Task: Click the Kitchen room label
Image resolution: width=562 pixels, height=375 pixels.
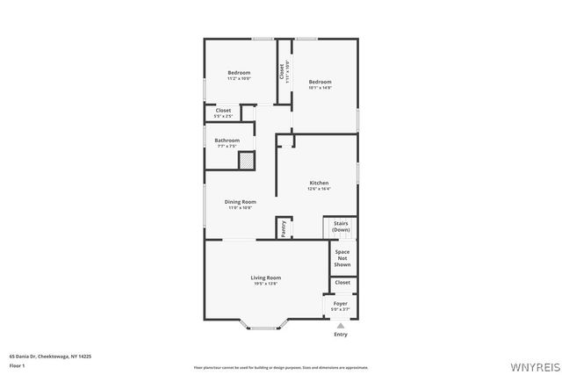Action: coord(318,184)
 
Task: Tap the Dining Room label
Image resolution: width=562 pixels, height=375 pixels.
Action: coord(240,203)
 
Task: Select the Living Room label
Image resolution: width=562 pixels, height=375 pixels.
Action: coord(265,278)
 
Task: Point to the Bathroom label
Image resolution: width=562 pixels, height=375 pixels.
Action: coord(227,141)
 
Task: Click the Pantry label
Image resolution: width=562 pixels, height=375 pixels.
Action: coord(284,228)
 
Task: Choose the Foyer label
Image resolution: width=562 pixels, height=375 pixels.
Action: coord(340,304)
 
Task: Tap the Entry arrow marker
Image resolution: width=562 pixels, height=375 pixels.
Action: coord(341,324)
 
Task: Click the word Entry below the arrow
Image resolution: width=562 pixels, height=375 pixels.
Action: coord(341,334)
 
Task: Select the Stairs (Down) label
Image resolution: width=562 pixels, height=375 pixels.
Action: coord(341,227)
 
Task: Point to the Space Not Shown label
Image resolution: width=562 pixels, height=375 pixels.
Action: coord(342,258)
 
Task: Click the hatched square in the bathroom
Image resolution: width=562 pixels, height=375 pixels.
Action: coord(247,161)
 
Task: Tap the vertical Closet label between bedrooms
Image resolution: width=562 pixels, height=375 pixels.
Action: coord(282,71)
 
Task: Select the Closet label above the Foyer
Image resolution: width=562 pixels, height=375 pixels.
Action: coord(342,283)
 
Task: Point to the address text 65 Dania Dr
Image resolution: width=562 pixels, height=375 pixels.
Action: coord(50,357)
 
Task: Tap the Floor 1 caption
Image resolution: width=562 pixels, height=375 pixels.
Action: coord(16,364)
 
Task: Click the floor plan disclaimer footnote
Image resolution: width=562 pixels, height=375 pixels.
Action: coord(280,367)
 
